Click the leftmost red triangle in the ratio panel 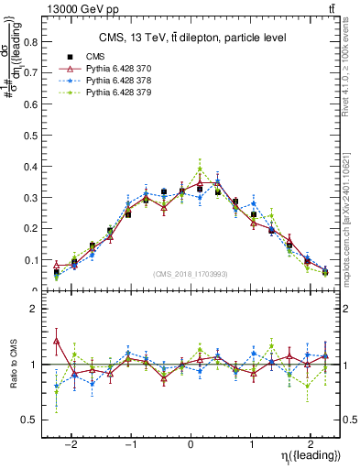[57, 341]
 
